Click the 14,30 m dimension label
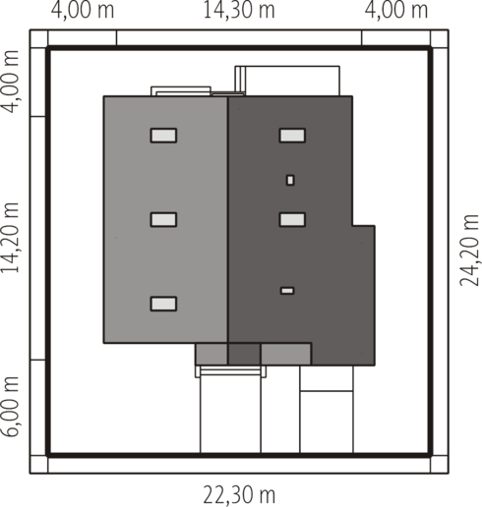[239, 10]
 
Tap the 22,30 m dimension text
[239, 495]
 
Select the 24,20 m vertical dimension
[469, 251]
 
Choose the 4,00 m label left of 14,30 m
[83, 10]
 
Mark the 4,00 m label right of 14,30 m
[396, 10]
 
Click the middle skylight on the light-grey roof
[163, 219]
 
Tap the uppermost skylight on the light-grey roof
[163, 136]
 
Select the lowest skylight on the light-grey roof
[163, 304]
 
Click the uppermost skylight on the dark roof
[292, 136]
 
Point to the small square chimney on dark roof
[290, 180]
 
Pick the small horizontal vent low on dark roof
[287, 291]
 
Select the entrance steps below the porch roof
[231, 371]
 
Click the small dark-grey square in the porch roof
[244, 354]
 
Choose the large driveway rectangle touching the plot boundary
[230, 415]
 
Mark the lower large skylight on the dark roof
[292, 219]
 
